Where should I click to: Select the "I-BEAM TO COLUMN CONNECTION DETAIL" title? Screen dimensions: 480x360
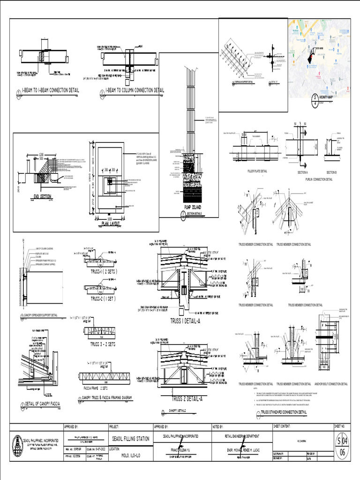pos(135,90)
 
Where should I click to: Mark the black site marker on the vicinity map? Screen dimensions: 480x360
pos(311,56)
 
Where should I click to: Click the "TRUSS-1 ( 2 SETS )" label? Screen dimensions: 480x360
pos(104,271)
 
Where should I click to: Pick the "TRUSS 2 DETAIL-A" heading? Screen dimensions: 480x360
pos(187,399)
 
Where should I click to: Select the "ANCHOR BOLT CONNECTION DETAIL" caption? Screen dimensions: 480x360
pos(331,384)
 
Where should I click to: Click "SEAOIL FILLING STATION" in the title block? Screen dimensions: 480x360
pos(131,439)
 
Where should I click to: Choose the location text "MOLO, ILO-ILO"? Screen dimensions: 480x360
pos(131,455)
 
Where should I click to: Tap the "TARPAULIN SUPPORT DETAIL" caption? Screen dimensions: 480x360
pos(244,82)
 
